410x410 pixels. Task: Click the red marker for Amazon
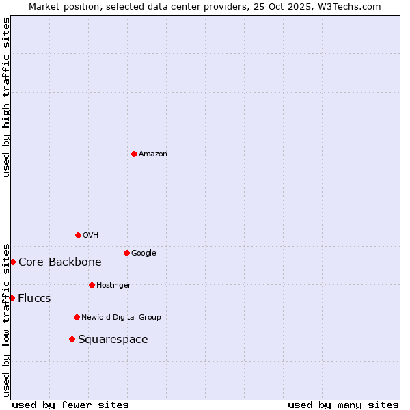pos(134,154)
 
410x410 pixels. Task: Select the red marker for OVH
pos(78,235)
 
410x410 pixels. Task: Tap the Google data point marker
pos(126,253)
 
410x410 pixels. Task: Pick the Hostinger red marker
pos(92,285)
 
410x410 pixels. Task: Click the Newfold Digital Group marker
pos(77,317)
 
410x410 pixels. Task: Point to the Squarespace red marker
pos(72,339)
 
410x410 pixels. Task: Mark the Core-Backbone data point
pos(12,262)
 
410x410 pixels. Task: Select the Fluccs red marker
pos(12,298)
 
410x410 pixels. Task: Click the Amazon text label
pos(153,154)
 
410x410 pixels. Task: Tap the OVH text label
pos(91,236)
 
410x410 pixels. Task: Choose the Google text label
pos(143,254)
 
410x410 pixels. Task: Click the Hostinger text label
pos(113,286)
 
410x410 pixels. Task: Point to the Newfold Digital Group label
pos(121,318)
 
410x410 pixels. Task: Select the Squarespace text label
pos(113,340)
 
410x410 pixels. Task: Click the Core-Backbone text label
pos(60,262)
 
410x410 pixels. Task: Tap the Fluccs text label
pos(34,299)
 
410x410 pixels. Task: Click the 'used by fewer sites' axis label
pos(70,405)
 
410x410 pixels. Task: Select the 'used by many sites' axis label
pos(343,405)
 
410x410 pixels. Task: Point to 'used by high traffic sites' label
pos(6,97)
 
